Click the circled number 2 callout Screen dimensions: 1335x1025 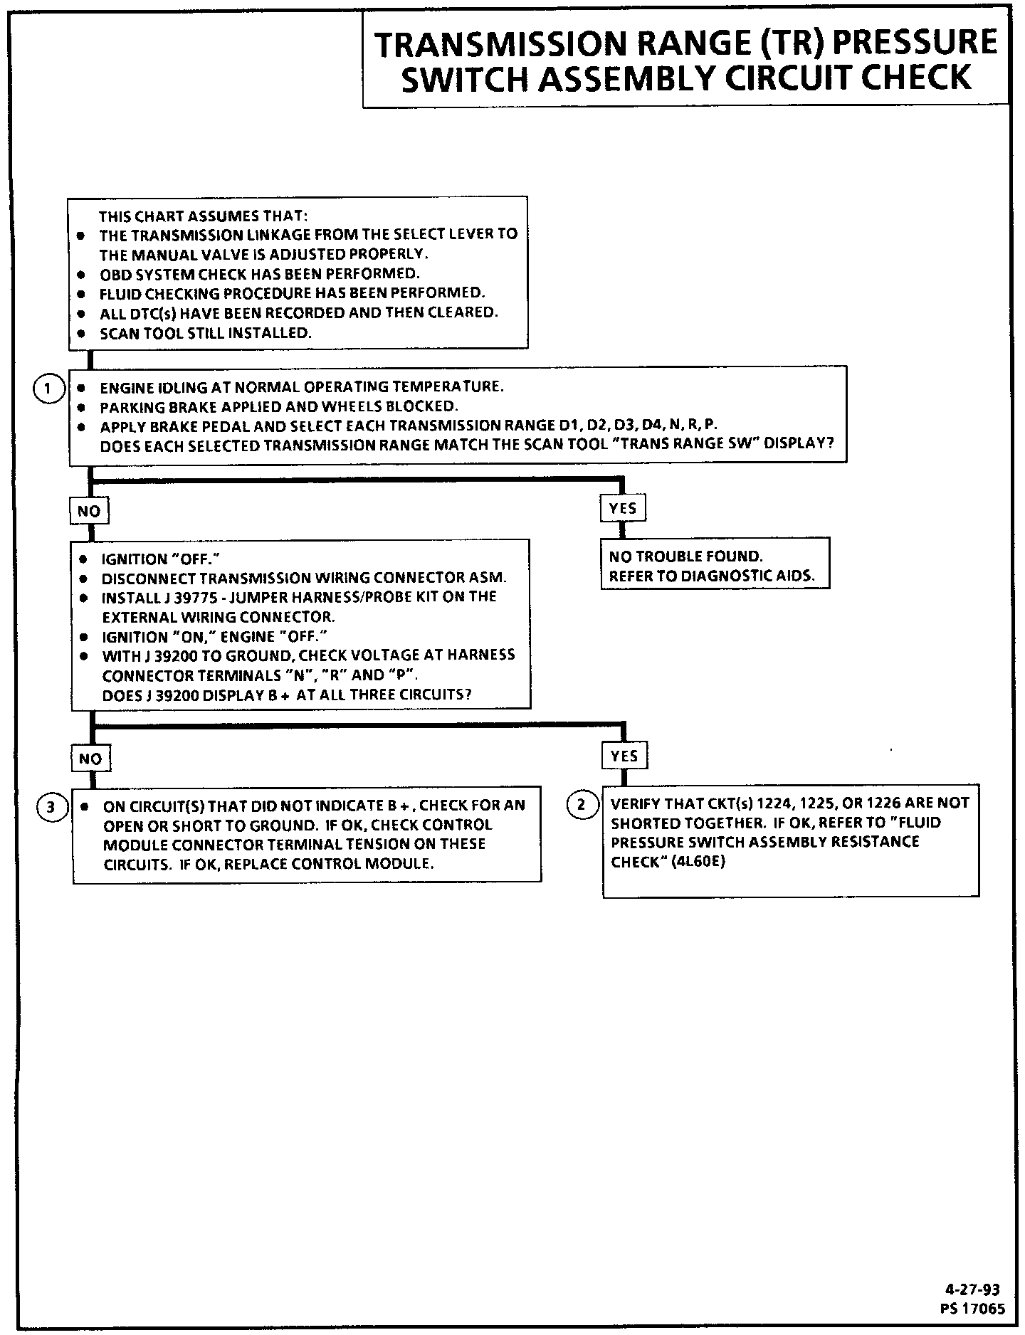582,805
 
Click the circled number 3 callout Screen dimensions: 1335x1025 50,807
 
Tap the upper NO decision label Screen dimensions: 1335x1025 89,510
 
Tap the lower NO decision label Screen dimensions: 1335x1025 90,759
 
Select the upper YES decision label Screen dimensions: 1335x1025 623,508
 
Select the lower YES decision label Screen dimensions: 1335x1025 624,756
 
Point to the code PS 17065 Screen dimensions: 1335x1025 972,1308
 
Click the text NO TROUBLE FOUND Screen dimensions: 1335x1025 685,556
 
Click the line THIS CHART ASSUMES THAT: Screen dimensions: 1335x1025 204,216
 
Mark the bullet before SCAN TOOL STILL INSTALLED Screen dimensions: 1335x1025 83,333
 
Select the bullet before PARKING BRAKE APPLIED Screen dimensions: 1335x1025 83,407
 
